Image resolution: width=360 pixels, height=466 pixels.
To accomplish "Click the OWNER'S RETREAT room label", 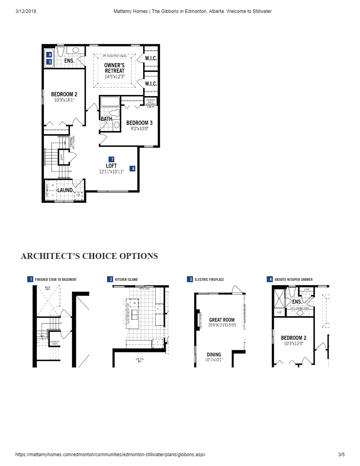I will click(115, 68).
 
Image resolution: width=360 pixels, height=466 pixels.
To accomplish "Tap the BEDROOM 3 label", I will click(139, 123).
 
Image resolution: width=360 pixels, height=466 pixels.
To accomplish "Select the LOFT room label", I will click(111, 166).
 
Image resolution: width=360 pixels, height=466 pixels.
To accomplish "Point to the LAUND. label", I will click(65, 190).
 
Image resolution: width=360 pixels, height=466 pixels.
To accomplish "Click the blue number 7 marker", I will click(112, 159).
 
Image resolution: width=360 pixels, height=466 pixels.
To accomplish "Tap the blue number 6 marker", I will click(133, 169).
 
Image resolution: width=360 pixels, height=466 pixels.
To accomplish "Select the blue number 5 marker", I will click(50, 62).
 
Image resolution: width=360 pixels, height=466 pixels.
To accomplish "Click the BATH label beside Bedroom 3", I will click(106, 119).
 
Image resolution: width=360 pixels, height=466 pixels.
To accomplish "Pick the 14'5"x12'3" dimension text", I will click(115, 76).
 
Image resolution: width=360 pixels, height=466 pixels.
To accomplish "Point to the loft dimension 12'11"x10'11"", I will click(111, 171).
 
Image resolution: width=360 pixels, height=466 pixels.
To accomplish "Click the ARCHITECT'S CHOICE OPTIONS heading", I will click(89, 256).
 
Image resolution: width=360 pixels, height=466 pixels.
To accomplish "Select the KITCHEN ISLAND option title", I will click(126, 280).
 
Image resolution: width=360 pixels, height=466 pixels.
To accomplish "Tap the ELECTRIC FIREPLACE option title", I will click(209, 280).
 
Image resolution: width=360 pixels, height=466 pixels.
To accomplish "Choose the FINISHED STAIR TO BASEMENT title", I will click(56, 280).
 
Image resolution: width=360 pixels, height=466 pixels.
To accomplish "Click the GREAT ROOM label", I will click(222, 320).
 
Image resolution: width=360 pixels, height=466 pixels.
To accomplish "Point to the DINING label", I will click(214, 354).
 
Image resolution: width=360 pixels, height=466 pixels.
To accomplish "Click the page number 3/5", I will click(341, 455).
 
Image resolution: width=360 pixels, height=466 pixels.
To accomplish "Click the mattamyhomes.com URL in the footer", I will click(110, 455).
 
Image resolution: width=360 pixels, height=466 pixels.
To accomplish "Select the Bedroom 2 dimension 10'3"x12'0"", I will click(293, 343).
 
